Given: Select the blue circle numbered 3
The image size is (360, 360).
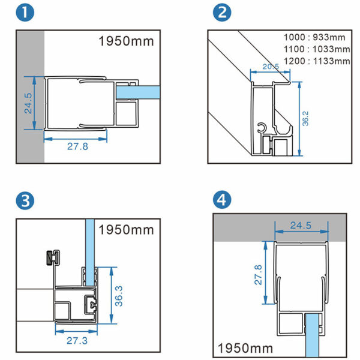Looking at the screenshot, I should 26,202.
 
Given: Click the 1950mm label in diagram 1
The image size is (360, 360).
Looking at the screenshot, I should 126,41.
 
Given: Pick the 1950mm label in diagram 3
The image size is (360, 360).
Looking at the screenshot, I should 126,230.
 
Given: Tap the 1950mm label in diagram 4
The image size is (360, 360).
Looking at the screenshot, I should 245,347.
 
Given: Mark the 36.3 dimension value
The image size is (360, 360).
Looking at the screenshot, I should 119,294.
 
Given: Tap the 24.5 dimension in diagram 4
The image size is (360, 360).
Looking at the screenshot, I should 301,226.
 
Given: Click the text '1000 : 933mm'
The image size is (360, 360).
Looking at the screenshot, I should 316,37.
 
